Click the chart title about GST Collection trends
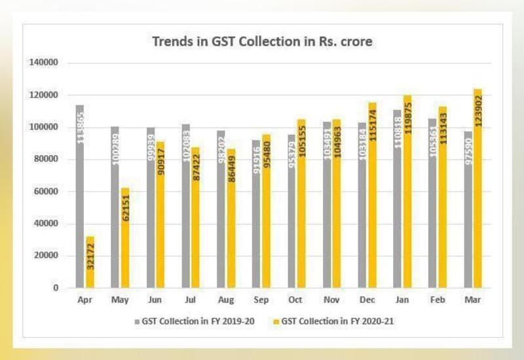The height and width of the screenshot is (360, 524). (x=262, y=42)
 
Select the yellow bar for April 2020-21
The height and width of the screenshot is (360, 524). (x=90, y=262)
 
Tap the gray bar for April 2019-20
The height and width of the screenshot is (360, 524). (x=80, y=196)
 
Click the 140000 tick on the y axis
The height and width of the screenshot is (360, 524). (x=44, y=63)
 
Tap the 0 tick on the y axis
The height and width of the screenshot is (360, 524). (x=56, y=288)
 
